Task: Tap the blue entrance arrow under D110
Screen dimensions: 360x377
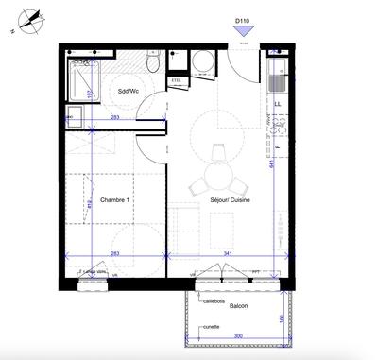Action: (244, 31)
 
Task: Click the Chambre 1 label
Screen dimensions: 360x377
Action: (113, 200)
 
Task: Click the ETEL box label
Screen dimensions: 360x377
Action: (176, 81)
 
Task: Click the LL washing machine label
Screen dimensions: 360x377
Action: (278, 104)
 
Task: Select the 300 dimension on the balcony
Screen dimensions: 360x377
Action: (238, 336)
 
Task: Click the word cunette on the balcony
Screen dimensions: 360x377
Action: (212, 326)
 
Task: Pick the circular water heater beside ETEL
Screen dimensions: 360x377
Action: (202, 62)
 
